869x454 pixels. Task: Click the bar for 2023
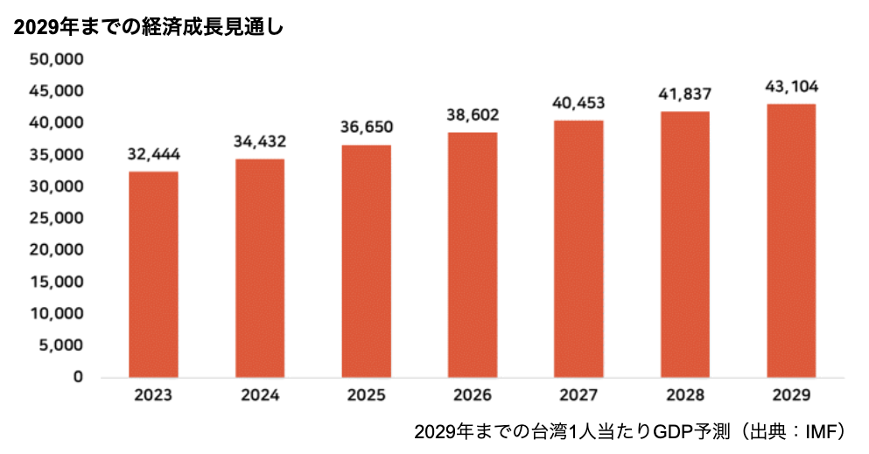(153, 275)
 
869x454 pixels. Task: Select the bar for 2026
(473, 255)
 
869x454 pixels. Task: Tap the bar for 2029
(791, 241)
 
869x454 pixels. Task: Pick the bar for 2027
(578, 248)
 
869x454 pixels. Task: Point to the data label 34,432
(260, 142)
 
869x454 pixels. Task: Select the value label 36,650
(366, 128)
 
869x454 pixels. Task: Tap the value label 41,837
(685, 94)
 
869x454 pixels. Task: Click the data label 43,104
(791, 87)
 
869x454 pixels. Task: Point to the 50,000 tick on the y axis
(55, 59)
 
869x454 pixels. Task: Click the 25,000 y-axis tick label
(55, 219)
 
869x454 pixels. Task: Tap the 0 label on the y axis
(78, 377)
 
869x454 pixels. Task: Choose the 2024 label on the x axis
(260, 395)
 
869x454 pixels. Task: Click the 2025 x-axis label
(366, 395)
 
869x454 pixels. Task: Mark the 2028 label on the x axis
(685, 395)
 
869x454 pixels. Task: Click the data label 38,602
(473, 115)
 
